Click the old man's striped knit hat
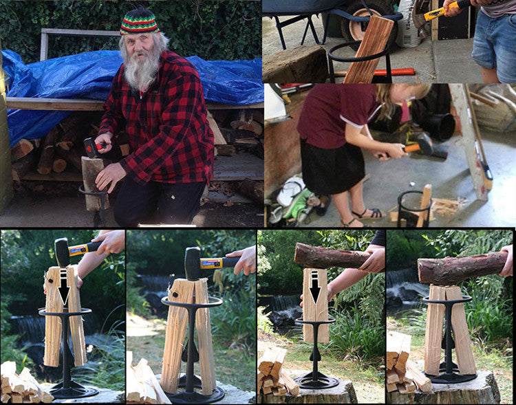(139, 21)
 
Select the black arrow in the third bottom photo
(314, 286)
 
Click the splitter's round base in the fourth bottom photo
(451, 377)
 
